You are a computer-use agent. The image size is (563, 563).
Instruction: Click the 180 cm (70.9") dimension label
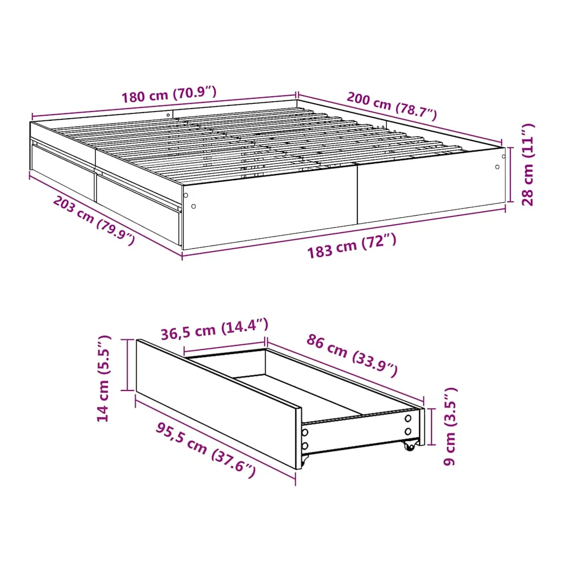coord(169,95)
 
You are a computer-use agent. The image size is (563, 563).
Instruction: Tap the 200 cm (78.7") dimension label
coord(392,106)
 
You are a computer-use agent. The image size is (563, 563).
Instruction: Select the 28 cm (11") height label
coord(528,164)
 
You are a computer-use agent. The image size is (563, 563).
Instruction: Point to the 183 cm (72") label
coord(352,246)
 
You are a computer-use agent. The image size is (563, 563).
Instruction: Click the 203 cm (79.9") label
coord(94,221)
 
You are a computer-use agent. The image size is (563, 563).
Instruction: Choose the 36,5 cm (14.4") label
coord(214,329)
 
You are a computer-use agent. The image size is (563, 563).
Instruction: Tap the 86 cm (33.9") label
coord(352,355)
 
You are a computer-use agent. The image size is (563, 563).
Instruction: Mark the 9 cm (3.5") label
coord(449,426)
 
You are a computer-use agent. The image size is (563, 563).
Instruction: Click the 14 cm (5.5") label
coord(103,378)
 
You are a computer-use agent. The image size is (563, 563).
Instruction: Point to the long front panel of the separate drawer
coord(219,404)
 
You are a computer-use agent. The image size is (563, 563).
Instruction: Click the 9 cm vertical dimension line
coord(432,426)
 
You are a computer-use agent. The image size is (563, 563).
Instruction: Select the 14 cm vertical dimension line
coord(127,364)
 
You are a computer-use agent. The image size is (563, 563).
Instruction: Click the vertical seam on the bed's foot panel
coord(357,194)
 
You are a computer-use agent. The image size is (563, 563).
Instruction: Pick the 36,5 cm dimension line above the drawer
coord(225,346)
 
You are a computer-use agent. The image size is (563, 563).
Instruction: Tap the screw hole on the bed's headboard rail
coord(168,115)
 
